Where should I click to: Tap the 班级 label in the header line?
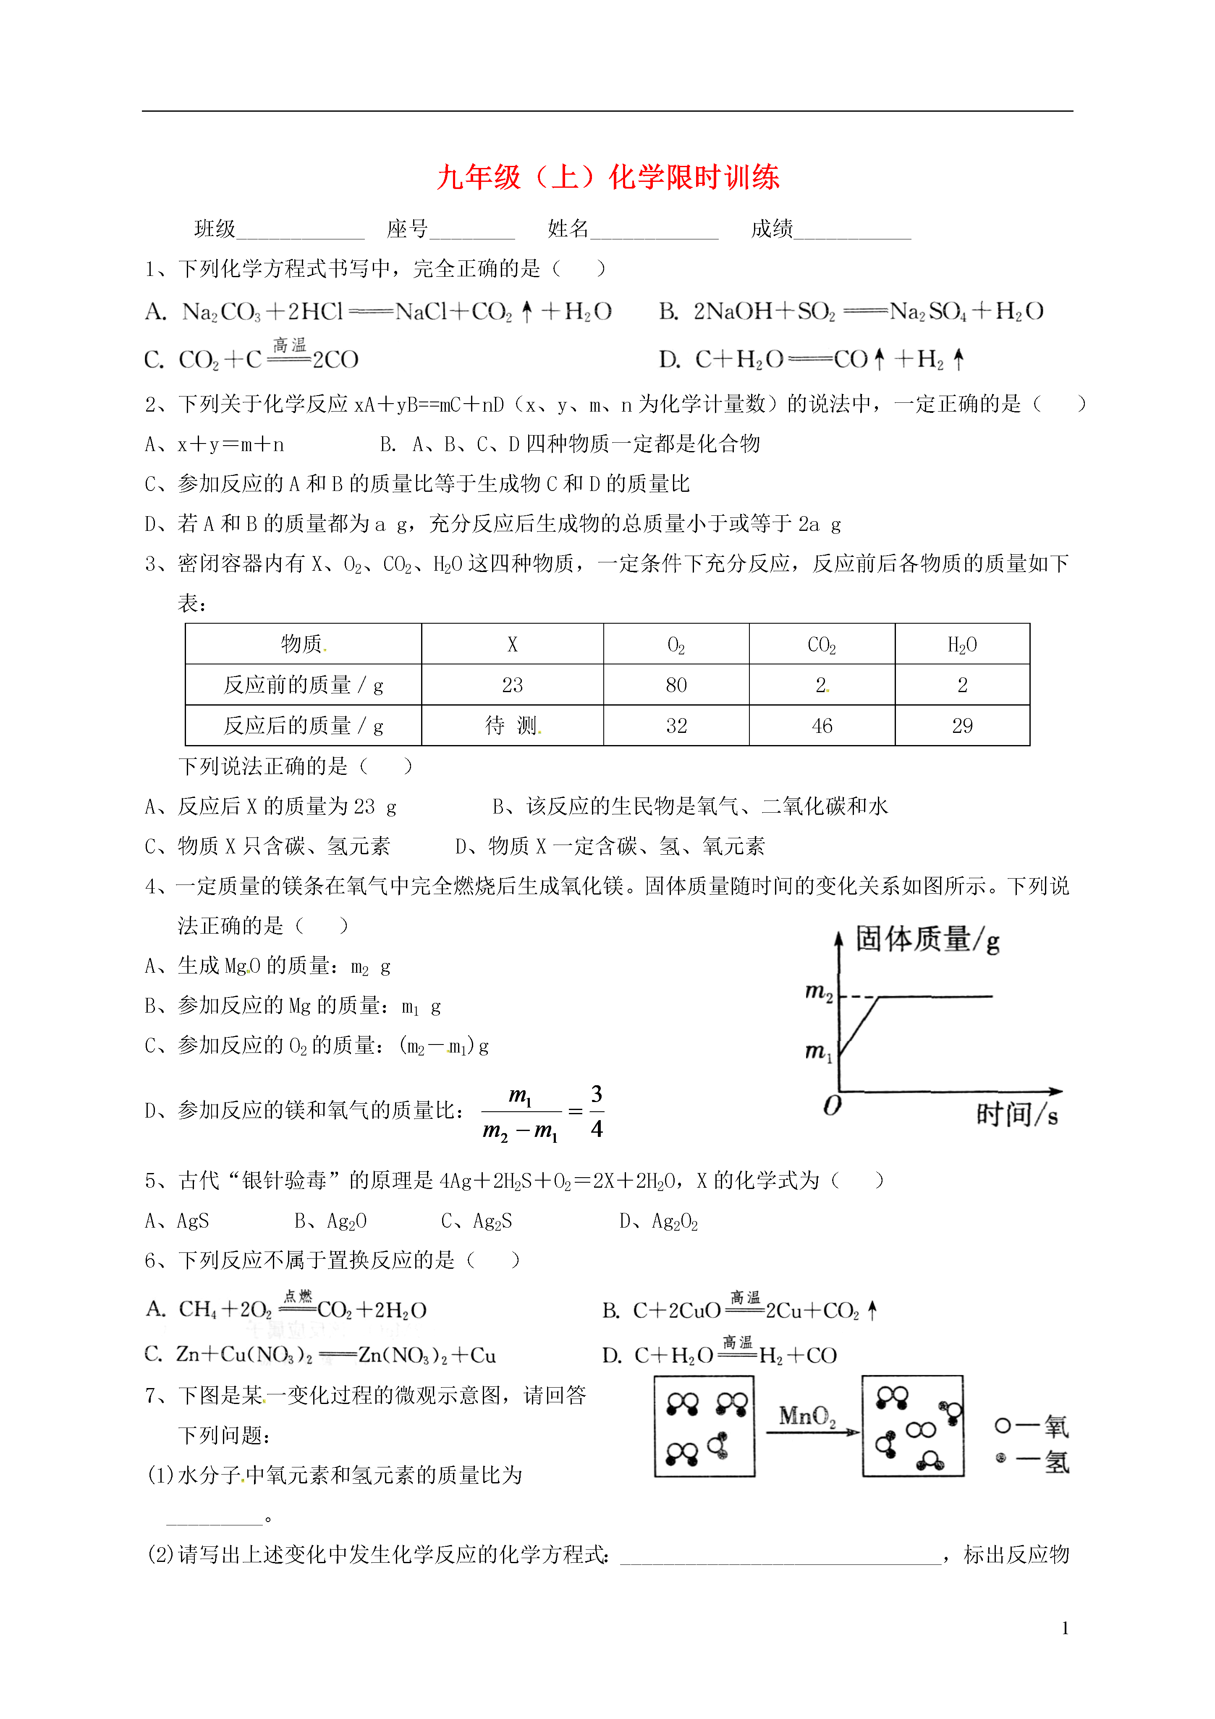click(215, 228)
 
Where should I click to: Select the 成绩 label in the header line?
click(771, 228)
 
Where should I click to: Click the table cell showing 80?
click(676, 685)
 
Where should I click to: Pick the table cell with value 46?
click(821, 725)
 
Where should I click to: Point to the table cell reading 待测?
click(512, 725)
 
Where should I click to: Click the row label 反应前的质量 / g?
click(303, 685)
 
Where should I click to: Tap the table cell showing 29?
click(962, 725)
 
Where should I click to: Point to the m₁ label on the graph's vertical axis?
click(818, 1052)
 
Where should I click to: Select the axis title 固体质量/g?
click(927, 940)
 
